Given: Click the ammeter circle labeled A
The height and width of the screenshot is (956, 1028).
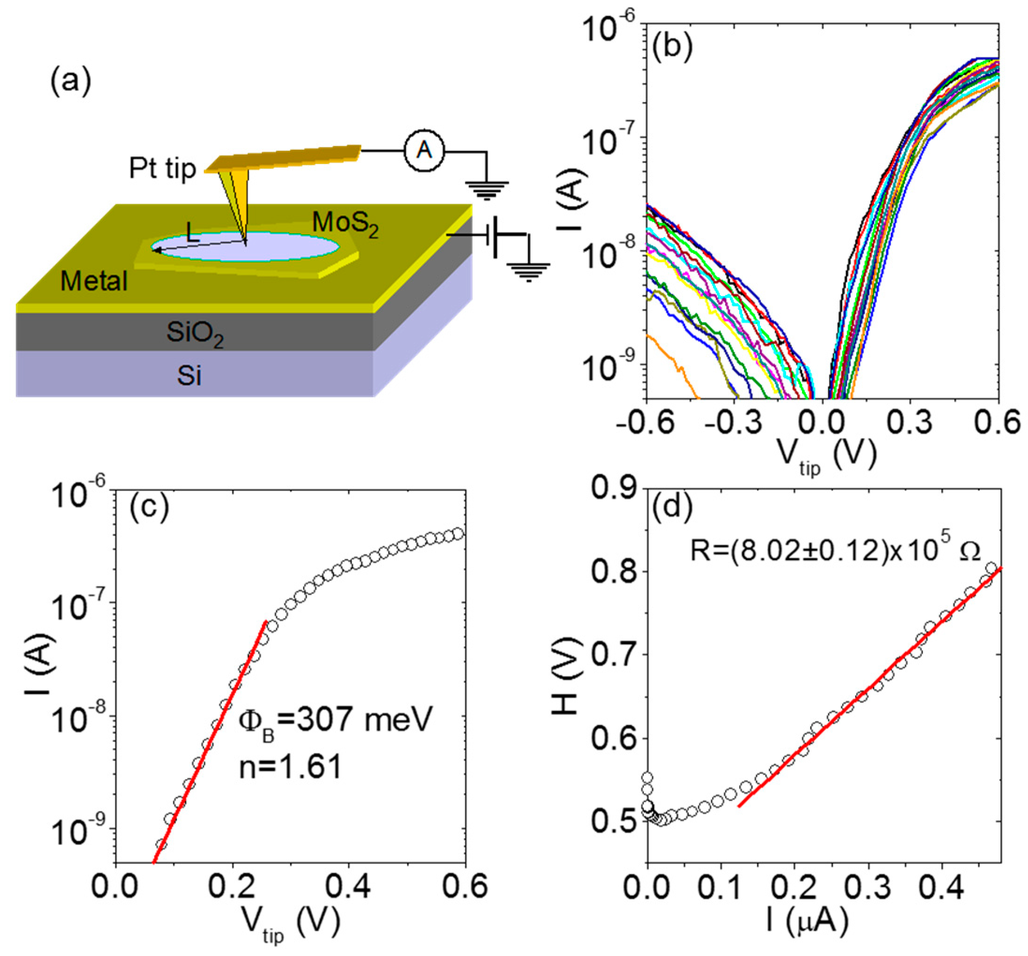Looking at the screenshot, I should pos(424,151).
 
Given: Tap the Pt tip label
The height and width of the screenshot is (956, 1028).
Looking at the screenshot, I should pos(162,169).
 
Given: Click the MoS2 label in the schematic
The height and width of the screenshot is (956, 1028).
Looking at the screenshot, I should pos(345,225).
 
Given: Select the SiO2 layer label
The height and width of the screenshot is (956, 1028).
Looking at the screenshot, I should pos(195,333).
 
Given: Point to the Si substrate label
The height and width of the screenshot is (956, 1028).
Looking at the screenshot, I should pos(189,376).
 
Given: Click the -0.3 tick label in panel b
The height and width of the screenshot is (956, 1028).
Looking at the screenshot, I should pos(734,423).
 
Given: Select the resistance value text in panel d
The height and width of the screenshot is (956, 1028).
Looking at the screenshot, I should pos(835,552).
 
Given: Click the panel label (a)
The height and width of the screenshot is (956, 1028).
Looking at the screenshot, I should pos(71,81).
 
